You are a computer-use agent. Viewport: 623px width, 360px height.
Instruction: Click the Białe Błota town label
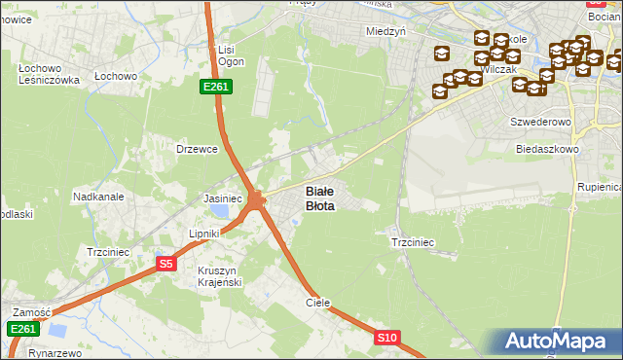(x=320, y=198)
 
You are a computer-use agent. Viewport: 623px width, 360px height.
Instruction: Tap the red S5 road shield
(x=165, y=264)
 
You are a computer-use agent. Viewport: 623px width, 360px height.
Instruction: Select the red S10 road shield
(x=387, y=338)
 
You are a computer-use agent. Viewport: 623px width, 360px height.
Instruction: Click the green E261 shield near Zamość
(x=23, y=330)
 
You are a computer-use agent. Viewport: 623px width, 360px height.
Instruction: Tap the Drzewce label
(x=195, y=149)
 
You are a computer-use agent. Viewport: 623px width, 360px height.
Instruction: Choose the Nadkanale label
(x=98, y=196)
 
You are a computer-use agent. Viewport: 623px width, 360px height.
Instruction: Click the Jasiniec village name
(x=222, y=198)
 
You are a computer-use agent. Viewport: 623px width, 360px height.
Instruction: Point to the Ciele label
(x=318, y=303)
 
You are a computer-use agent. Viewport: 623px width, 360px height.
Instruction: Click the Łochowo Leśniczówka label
(x=48, y=75)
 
